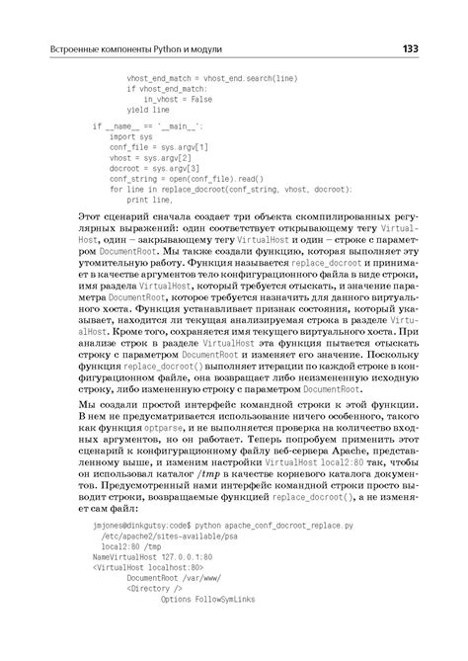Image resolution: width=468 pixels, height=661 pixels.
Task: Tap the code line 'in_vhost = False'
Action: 177,99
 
